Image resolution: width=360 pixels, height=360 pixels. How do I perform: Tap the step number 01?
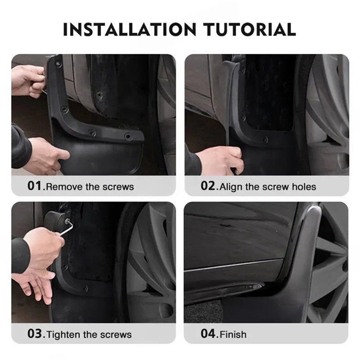(x=34, y=186)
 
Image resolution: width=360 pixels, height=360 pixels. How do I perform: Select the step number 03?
(x=34, y=334)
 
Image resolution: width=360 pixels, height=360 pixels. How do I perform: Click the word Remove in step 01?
(x=62, y=186)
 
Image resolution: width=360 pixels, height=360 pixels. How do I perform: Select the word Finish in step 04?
(x=233, y=334)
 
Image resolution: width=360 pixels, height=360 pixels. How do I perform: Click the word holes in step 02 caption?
(x=303, y=186)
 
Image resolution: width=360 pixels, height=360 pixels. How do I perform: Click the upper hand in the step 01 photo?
(x=27, y=80)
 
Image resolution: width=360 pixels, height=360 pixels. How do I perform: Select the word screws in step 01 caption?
(x=120, y=186)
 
